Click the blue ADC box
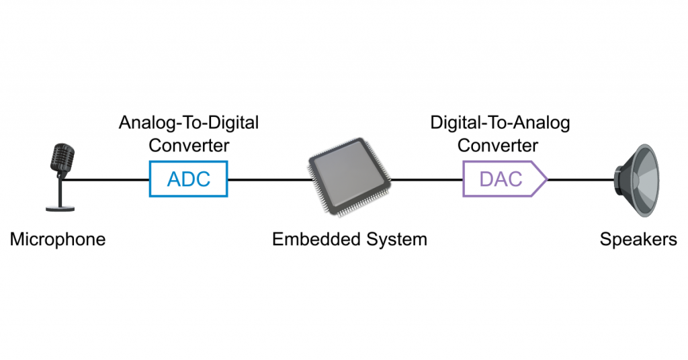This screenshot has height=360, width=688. [188, 179]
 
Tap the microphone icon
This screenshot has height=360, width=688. [61, 176]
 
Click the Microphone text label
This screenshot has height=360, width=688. [58, 239]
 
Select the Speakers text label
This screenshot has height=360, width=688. [638, 239]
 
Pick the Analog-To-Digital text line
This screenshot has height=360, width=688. [189, 123]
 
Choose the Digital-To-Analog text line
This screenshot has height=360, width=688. [500, 123]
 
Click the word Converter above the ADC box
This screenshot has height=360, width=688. [189, 144]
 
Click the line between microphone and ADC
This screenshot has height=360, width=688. [107, 179]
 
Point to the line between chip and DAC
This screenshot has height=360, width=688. [427, 179]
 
